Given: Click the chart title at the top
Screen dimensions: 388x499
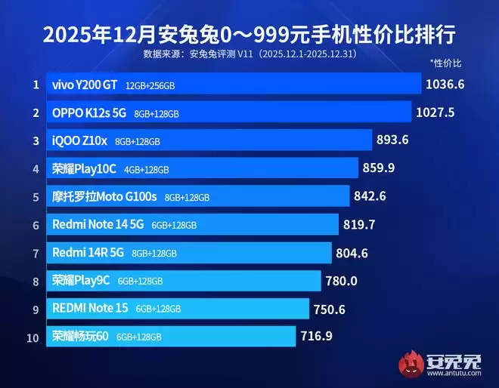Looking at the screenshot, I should [249, 34].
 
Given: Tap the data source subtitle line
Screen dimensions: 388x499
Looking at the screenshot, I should [249, 55].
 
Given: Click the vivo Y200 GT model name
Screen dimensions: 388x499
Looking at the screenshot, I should [84, 85].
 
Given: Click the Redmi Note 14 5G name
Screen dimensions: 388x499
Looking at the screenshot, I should [98, 224].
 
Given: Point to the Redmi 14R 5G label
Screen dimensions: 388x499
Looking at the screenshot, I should [88, 253].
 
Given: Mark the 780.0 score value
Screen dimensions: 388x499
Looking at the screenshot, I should [341, 280].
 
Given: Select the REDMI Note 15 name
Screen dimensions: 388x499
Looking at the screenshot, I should [91, 308].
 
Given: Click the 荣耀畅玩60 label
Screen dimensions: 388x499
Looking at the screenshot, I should [81, 336].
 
